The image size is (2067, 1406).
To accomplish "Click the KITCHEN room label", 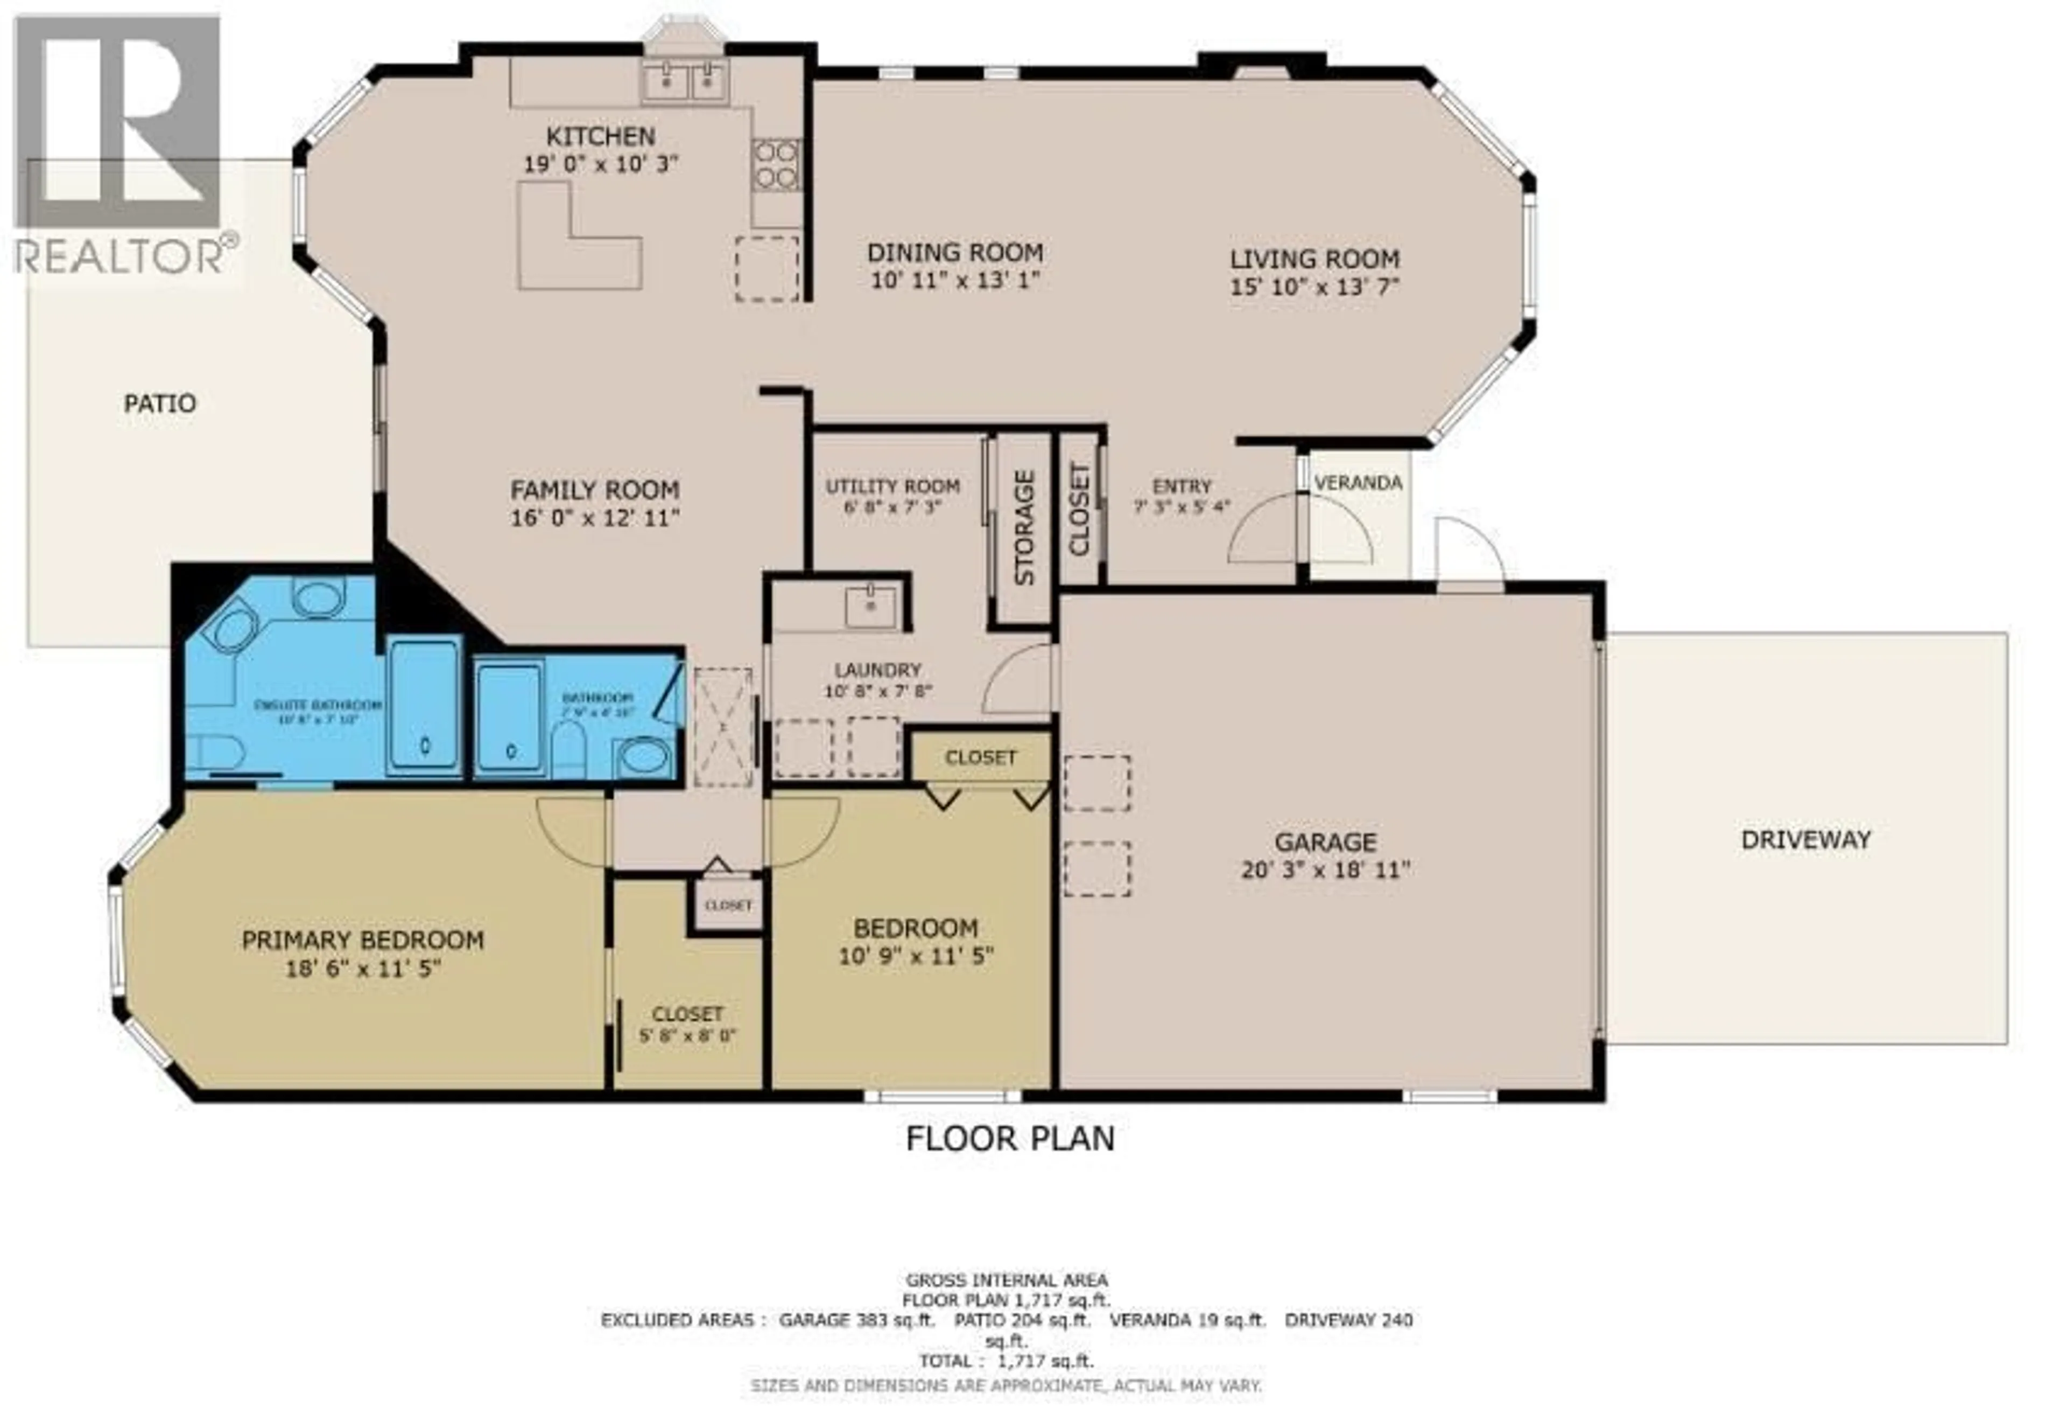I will coord(600,136).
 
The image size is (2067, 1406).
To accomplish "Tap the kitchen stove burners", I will coord(775,165).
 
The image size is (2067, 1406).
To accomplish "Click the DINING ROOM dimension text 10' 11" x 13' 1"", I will coord(954,280).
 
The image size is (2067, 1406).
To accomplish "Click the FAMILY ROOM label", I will coord(594,490).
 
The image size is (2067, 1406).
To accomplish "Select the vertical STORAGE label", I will coord(1024,528).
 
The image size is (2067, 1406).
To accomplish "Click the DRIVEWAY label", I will coord(1805,839).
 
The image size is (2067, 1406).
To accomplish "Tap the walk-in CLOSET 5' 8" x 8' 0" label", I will coord(687,1014).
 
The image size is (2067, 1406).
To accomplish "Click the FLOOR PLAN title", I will coord(1009,1138).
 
